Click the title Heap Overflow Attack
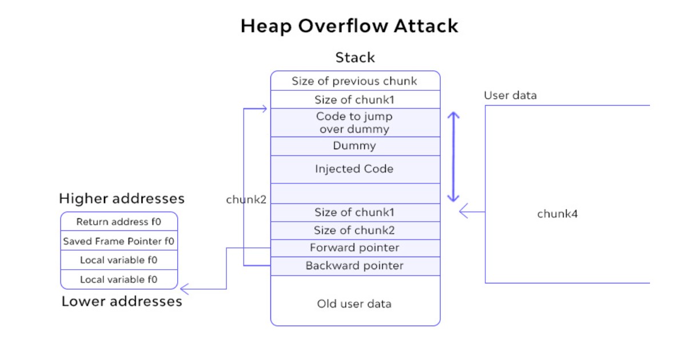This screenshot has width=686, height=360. tap(349, 26)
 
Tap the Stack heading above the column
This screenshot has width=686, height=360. tap(355, 58)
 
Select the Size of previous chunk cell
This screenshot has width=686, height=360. tap(354, 81)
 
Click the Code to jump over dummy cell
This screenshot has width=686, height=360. tap(354, 122)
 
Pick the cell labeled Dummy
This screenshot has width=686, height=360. tap(354, 146)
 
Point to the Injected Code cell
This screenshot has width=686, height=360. tap(354, 169)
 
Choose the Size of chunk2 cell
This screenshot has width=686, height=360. tap(354, 230)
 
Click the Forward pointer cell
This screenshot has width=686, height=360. tap(354, 248)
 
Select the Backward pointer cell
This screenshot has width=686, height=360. tap(354, 266)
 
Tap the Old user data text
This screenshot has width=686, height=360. tap(354, 303)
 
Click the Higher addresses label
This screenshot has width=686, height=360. tap(122, 198)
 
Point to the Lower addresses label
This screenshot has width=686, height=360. tap(122, 301)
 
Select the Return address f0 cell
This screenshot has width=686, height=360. tap(119, 222)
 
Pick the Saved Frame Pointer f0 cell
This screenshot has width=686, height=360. tap(119, 241)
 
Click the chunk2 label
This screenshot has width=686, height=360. tap(246, 199)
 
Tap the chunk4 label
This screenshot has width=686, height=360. tap(557, 214)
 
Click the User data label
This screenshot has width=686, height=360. tap(510, 95)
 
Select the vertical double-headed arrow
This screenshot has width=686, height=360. tap(453, 157)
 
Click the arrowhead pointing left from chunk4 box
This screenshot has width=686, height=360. tap(464, 212)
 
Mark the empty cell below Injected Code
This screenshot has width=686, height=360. tap(354, 193)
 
